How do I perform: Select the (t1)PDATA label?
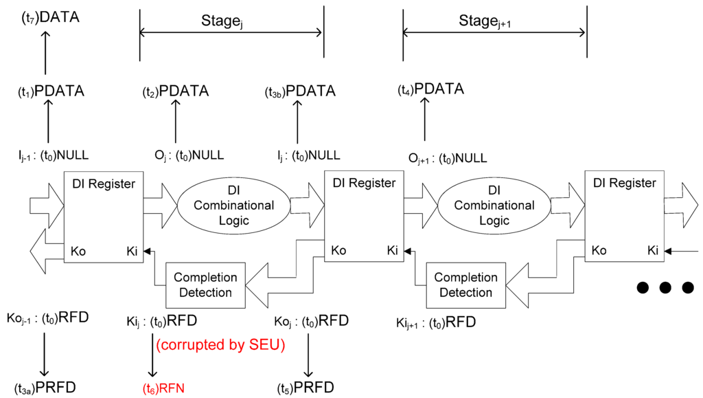click(x=51, y=91)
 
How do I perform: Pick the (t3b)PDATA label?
click(x=300, y=91)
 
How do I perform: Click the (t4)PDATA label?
click(x=431, y=89)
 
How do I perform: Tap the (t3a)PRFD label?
click(x=45, y=387)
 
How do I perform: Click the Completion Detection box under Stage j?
click(x=205, y=285)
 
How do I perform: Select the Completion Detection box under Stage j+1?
click(x=465, y=285)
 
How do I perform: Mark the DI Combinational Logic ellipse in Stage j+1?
click(x=485, y=205)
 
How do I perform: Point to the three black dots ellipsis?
click(x=663, y=287)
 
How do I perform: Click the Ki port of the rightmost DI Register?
click(x=652, y=251)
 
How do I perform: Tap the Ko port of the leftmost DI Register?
click(x=78, y=251)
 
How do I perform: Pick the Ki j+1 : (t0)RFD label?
click(x=436, y=323)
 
